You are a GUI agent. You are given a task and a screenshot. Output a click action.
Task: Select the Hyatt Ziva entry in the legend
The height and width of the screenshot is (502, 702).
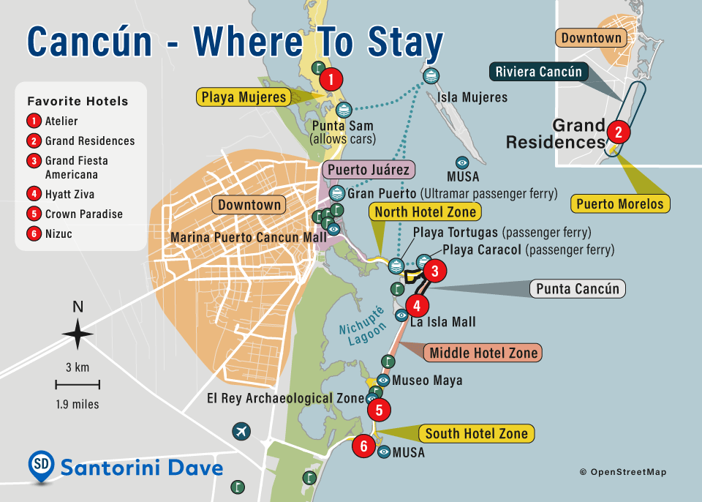tap(69, 195)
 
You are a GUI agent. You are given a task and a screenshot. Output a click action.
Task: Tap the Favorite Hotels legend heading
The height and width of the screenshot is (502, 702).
tap(78, 101)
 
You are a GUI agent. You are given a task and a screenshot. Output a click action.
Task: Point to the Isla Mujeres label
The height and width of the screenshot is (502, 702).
tap(472, 97)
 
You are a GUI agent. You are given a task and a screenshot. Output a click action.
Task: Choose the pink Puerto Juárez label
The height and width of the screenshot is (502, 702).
tap(369, 170)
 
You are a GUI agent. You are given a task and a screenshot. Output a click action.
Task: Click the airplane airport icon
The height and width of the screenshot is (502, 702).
tap(241, 432)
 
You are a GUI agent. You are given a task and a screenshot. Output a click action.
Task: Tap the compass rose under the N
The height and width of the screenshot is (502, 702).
tap(78, 335)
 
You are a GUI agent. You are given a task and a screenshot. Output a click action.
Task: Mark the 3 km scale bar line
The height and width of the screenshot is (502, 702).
tap(78, 384)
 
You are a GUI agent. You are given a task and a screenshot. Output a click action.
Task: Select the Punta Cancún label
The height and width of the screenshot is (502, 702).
tap(577, 288)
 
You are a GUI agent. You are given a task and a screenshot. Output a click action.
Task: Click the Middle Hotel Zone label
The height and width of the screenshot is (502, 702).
tap(483, 353)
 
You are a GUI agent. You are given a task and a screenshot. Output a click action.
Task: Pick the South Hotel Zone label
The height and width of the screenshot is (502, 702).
tap(476, 433)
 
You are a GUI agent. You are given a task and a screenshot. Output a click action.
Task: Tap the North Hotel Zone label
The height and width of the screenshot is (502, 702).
tap(425, 212)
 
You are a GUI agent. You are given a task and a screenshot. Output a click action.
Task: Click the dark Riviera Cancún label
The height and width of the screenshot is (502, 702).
tap(538, 72)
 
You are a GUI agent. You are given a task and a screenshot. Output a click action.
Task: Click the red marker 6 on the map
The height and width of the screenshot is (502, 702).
tap(363, 446)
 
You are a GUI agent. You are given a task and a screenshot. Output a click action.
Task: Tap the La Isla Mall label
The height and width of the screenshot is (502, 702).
tap(442, 322)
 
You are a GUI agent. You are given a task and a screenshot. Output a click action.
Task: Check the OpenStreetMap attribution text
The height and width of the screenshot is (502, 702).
tap(622, 472)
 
